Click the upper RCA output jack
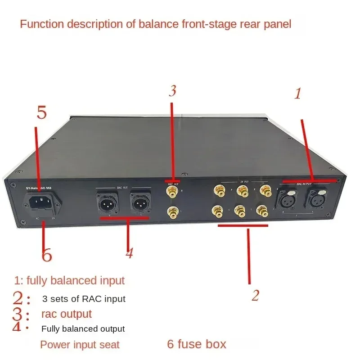[171, 192]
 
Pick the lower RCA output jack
[171, 210]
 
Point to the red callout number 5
[41, 112]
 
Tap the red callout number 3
[172, 91]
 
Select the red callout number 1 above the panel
[297, 94]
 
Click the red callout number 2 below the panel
[255, 296]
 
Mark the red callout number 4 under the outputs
[129, 253]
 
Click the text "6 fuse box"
[197, 344]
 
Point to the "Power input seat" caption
[80, 345]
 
